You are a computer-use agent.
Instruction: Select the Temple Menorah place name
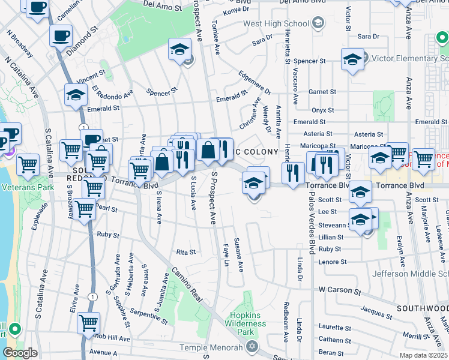coord(214,348)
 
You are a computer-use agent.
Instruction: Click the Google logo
coord(20,353)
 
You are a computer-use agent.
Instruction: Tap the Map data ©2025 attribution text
coord(423,355)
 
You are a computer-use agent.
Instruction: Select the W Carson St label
coord(340,290)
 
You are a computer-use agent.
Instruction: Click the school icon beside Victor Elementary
coord(352,59)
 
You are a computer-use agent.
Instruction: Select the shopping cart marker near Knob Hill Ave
coord(89,323)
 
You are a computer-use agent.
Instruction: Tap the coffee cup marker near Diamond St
coord(61,35)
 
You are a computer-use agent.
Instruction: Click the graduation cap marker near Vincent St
coord(76,95)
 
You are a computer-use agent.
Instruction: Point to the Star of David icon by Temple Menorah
coord(252,347)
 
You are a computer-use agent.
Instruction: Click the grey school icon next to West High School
coord(318,24)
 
